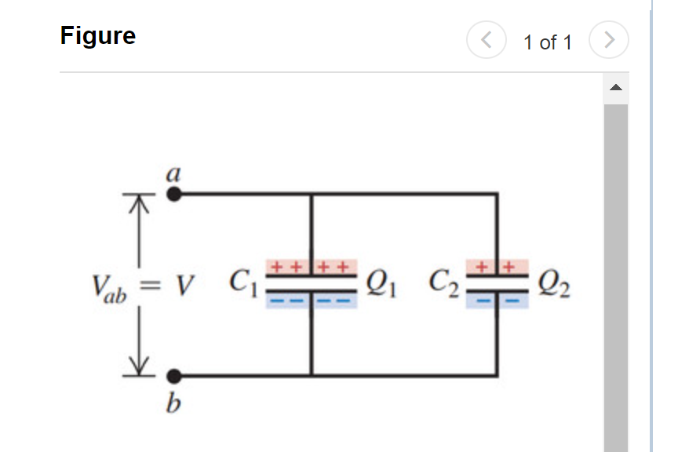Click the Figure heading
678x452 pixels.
[x=98, y=36]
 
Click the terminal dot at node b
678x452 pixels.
[x=174, y=376]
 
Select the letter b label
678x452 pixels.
[x=173, y=404]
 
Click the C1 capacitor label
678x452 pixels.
[x=242, y=282]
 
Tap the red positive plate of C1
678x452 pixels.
[x=312, y=268]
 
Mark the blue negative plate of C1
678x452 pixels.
[x=312, y=301]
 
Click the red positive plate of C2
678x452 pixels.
[x=497, y=268]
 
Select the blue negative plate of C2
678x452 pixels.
[x=497, y=301]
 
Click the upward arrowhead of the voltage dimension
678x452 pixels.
[x=139, y=203]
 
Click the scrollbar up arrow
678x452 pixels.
[x=616, y=87]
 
